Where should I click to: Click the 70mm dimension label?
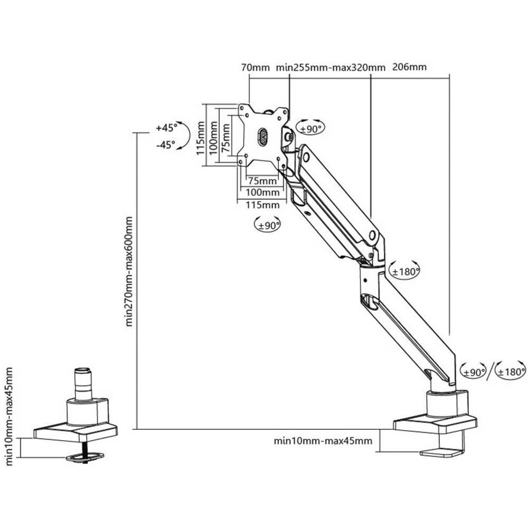(x=255, y=68)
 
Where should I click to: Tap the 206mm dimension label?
(x=410, y=68)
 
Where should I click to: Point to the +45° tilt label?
(x=165, y=128)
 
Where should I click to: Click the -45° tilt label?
(x=165, y=145)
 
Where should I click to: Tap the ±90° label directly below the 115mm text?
(x=268, y=225)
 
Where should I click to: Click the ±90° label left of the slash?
(x=474, y=372)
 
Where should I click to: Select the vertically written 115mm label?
(x=200, y=136)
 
